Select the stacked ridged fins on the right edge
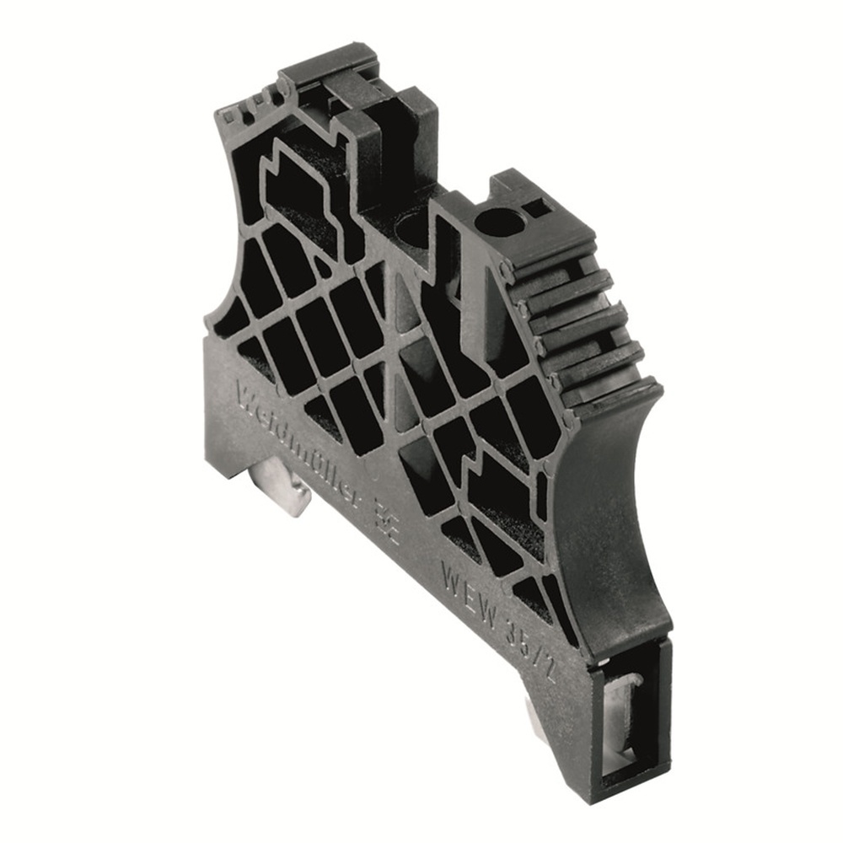[582, 329]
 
